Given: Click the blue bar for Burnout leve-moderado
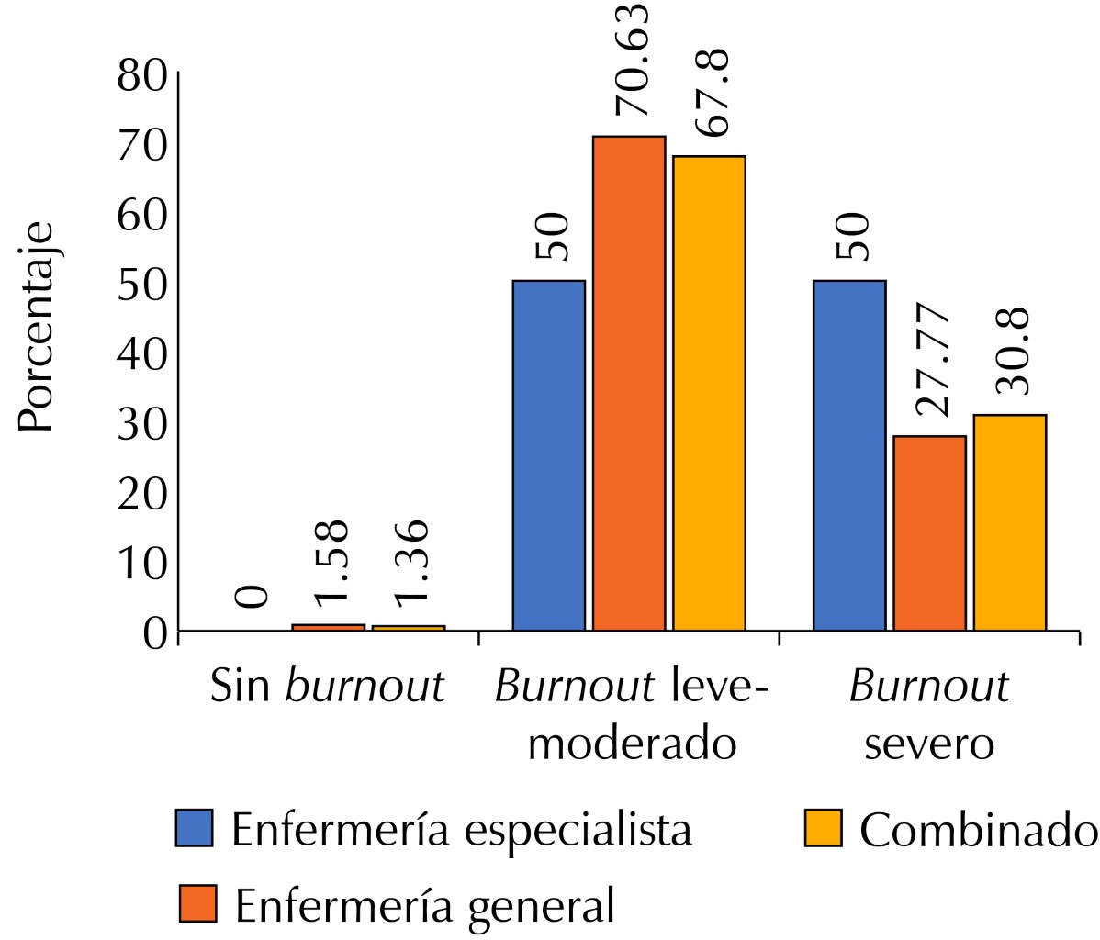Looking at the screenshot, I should pyautogui.click(x=548, y=455).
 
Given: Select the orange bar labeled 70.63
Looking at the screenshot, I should pyautogui.click(x=629, y=383).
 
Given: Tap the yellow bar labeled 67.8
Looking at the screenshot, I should pyautogui.click(x=709, y=393).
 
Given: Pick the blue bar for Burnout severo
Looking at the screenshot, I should pyautogui.click(x=849, y=455).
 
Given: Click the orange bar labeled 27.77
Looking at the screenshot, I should pyautogui.click(x=929, y=533).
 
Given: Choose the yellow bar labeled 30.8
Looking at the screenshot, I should pyautogui.click(x=1009, y=522).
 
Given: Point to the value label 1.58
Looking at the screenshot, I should pyautogui.click(x=329, y=563).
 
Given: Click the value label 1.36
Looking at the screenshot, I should pyautogui.click(x=410, y=563).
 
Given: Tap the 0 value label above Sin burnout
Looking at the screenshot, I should pyautogui.click(x=251, y=597).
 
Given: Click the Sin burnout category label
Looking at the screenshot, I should pyautogui.click(x=328, y=687).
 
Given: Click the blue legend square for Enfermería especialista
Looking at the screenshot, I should pyautogui.click(x=194, y=828).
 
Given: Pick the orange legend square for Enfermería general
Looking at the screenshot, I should pyautogui.click(x=196, y=904).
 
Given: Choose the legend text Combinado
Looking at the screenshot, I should pyautogui.click(x=979, y=830).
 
